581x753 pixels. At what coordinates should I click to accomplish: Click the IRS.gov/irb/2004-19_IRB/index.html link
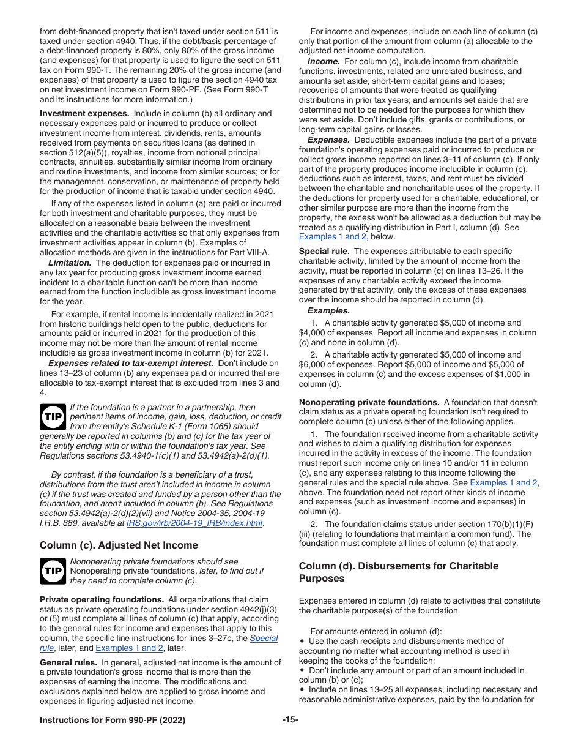tap(194, 523)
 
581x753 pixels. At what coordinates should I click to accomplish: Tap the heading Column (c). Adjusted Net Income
tap(119, 545)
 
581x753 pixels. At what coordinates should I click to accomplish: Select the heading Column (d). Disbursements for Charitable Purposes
tap(398, 572)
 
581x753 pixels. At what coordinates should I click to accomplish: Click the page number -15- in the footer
tap(290, 720)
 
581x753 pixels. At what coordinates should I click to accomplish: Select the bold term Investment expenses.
tap(84, 113)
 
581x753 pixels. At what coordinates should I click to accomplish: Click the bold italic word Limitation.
tap(70, 263)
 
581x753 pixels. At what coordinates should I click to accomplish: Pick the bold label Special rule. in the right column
tap(324, 251)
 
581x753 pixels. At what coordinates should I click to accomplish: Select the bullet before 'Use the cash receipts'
tap(302, 641)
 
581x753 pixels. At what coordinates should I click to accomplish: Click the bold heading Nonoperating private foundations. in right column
tap(369, 402)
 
